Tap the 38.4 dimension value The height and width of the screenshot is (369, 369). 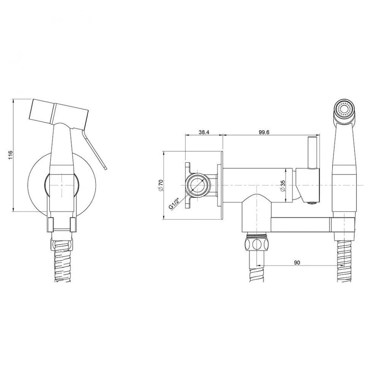click(x=204, y=132)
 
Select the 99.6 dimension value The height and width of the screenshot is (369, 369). click(x=264, y=132)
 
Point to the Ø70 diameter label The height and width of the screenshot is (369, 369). click(x=161, y=185)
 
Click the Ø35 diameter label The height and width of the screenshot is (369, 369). click(x=283, y=186)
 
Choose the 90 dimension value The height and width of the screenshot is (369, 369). click(x=297, y=262)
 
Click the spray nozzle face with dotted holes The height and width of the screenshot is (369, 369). click(x=344, y=110)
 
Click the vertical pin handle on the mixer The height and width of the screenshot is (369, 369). click(x=312, y=153)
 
